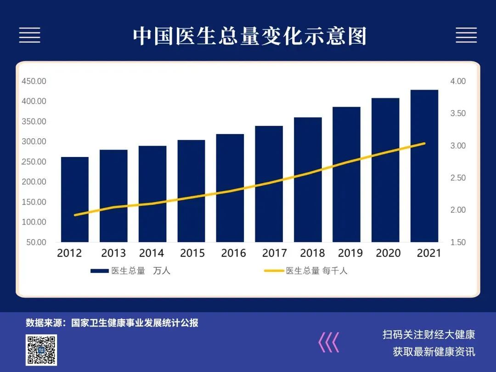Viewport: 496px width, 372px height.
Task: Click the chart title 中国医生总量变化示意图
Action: (x=249, y=36)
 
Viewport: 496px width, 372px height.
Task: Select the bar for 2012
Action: (x=75, y=199)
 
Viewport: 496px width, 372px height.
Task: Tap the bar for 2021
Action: (x=424, y=166)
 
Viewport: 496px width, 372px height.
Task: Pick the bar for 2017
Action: (x=269, y=184)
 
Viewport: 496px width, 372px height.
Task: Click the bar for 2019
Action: (x=347, y=175)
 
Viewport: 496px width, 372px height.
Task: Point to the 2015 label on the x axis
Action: (x=192, y=253)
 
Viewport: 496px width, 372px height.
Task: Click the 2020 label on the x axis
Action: (x=388, y=253)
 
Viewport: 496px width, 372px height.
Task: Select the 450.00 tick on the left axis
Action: (x=34, y=81)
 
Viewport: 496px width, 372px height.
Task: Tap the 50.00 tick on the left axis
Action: (x=36, y=242)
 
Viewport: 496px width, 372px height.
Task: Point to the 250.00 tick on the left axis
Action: (x=34, y=162)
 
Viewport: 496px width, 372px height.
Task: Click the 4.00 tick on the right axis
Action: (x=458, y=81)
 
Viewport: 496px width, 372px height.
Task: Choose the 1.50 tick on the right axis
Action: (x=458, y=242)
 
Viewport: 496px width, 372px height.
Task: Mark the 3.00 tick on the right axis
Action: (x=458, y=146)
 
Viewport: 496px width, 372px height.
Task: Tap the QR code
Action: (x=41, y=350)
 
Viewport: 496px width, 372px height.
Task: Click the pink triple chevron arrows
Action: (x=329, y=342)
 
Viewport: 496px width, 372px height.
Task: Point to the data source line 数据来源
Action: (x=112, y=323)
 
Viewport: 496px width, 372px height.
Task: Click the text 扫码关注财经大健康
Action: (x=429, y=334)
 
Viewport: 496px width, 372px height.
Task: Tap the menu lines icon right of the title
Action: (x=466, y=35)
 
